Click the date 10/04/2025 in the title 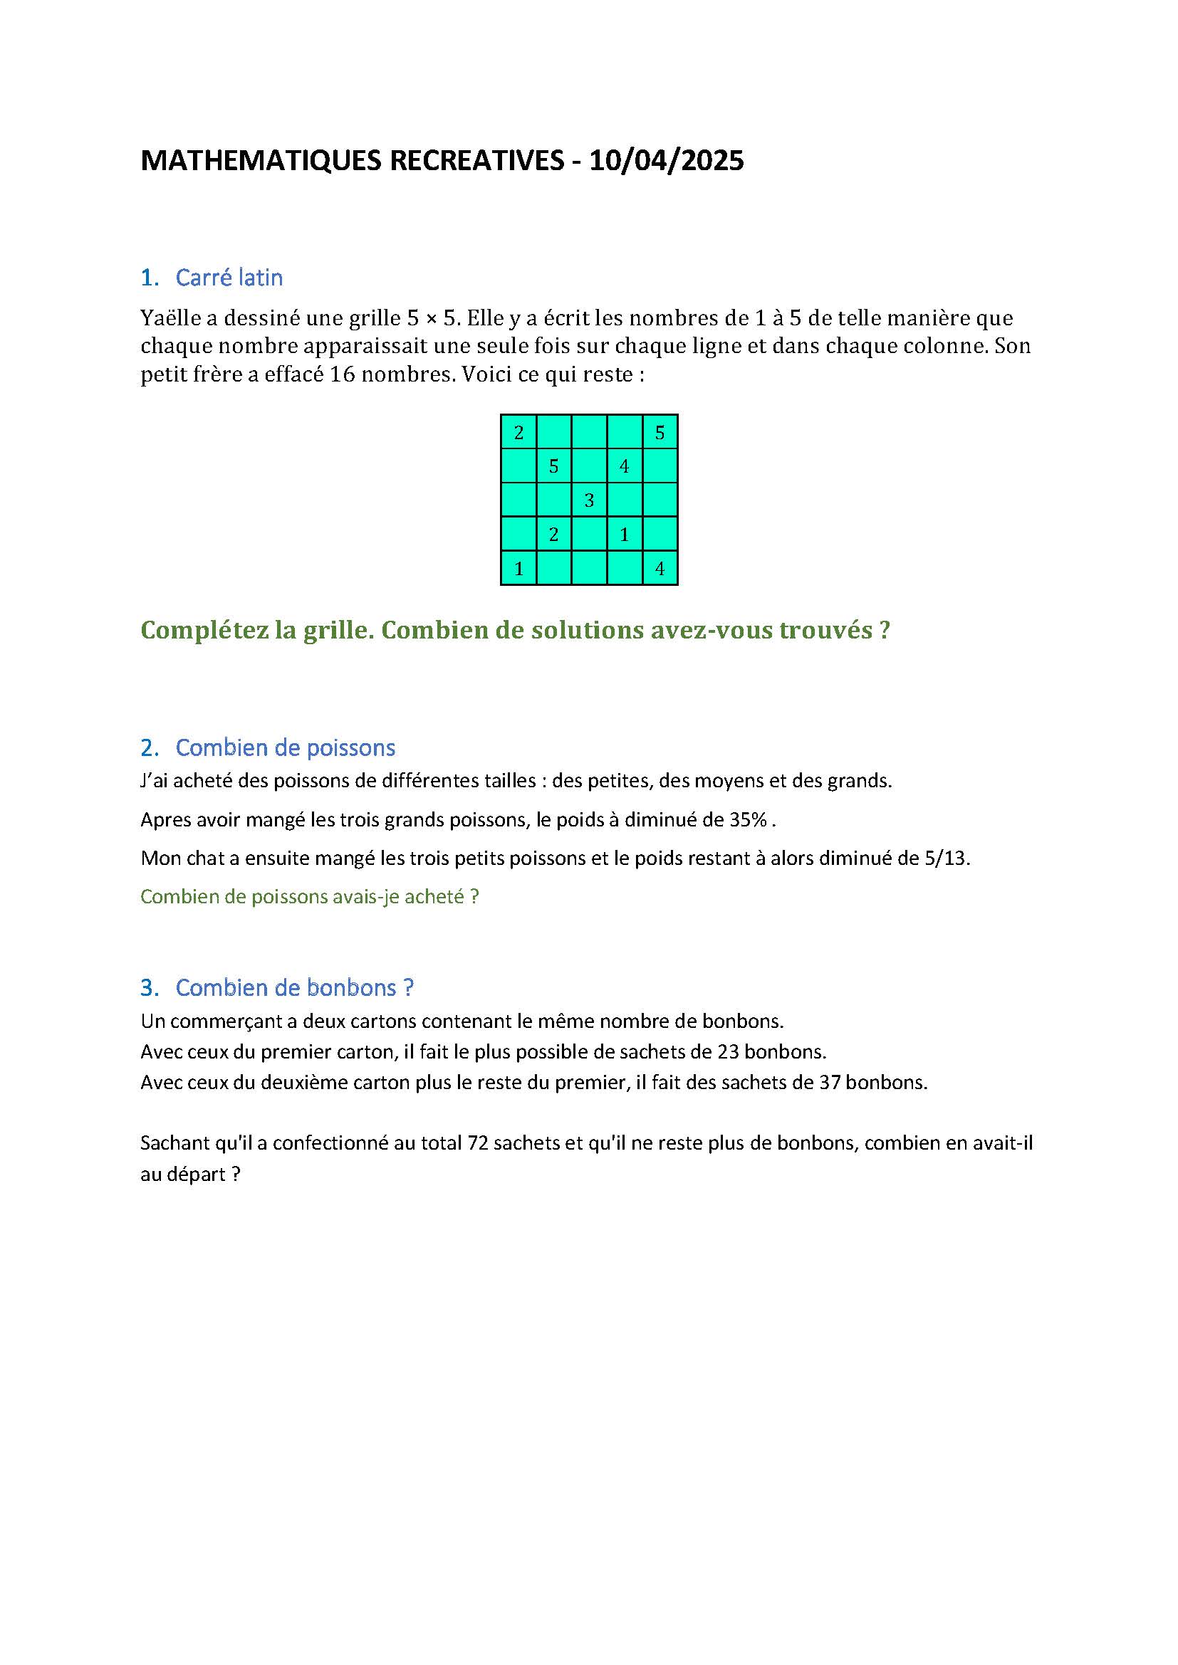click(666, 160)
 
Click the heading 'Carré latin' click(229, 278)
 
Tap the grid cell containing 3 click(589, 500)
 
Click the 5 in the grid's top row click(660, 433)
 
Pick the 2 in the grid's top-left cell click(518, 433)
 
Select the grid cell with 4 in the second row click(624, 466)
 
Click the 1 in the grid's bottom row click(518, 569)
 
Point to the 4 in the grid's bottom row click(660, 569)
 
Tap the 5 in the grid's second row click(553, 466)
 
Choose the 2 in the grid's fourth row click(553, 535)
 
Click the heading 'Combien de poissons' click(285, 747)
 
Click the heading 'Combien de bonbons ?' click(295, 988)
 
